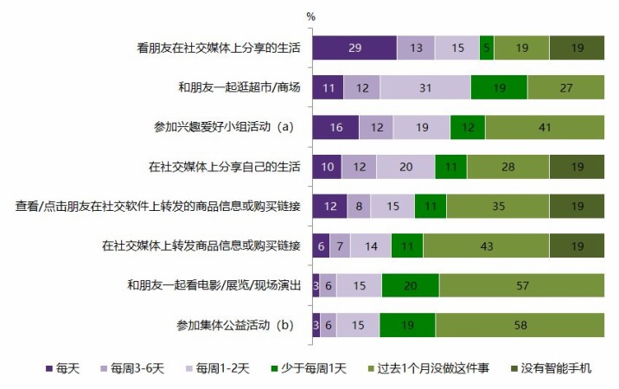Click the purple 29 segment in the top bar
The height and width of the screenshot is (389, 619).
(354, 48)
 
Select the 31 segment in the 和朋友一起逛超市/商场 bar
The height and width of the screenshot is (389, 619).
(425, 87)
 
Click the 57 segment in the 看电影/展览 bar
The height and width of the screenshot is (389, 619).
(521, 285)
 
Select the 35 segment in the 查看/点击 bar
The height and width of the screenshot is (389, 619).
(497, 206)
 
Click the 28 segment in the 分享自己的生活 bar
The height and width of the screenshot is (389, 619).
(507, 167)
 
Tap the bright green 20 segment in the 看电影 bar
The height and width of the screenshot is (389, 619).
(410, 285)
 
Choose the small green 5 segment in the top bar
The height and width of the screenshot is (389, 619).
(487, 48)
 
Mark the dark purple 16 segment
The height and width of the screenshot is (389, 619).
(335, 127)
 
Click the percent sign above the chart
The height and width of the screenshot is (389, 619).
(311, 16)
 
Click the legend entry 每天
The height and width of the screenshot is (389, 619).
(63, 369)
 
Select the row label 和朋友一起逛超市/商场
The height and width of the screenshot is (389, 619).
(239, 88)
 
